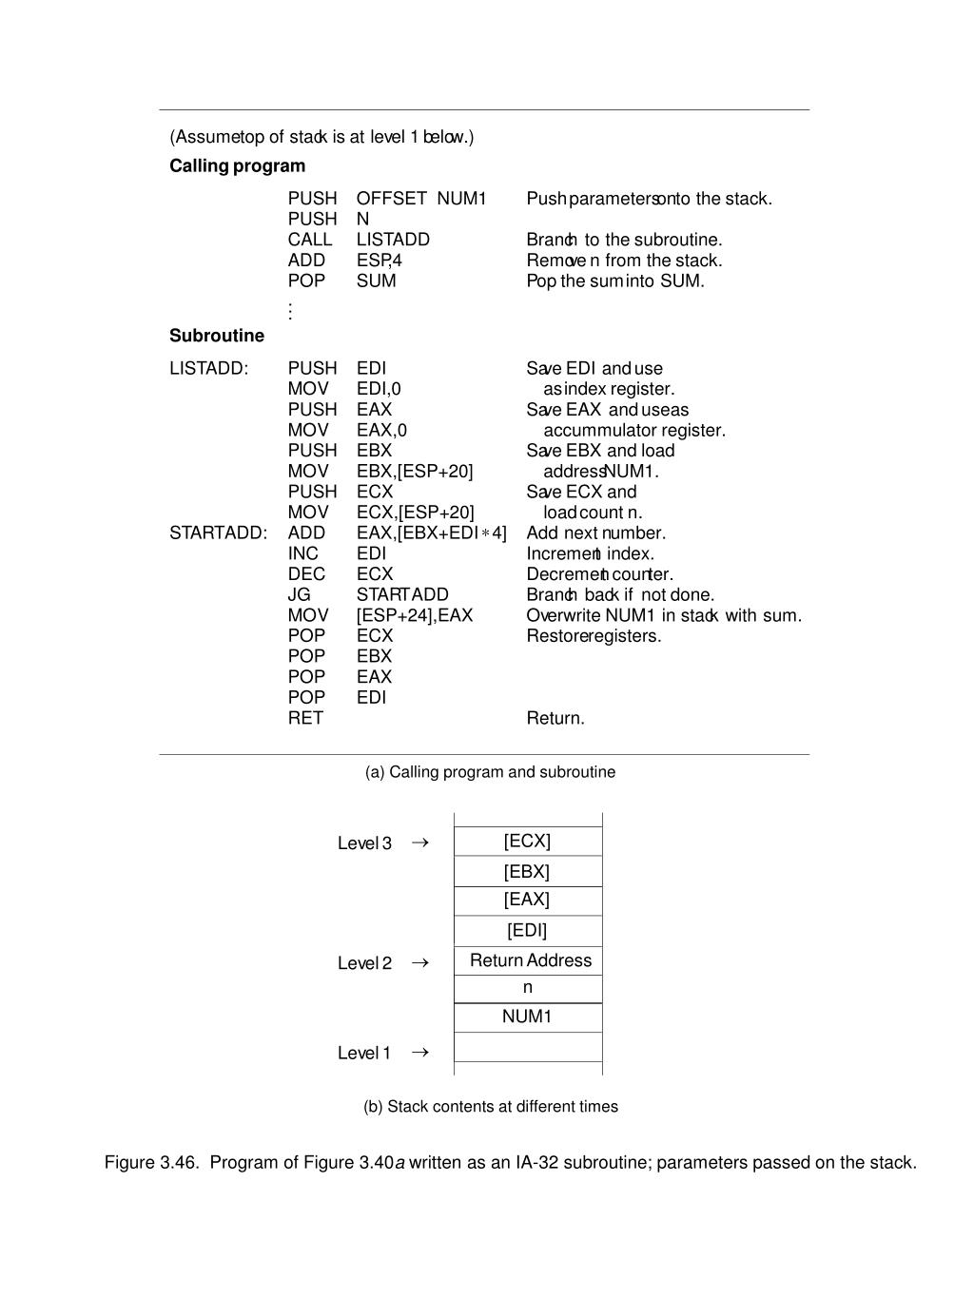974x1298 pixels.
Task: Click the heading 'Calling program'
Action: pos(237,166)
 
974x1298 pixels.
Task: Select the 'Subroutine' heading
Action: pos(217,336)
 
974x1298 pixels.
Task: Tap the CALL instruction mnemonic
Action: pos(310,240)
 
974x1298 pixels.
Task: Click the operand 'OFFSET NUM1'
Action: pos(421,199)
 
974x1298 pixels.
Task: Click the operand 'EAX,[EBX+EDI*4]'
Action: pos(432,533)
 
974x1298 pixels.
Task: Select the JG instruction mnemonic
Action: pos(299,595)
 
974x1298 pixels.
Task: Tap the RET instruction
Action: pos(305,719)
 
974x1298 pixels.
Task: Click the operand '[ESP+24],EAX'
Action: pos(415,616)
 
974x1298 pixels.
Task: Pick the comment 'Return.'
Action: pos(555,719)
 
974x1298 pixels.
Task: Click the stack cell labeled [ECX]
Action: pos(527,842)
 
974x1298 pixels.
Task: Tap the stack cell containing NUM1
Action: pos(527,1017)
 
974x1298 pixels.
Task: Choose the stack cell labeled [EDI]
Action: pos(527,931)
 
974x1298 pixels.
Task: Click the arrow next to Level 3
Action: pos(420,843)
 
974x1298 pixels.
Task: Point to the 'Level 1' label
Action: pos(364,1054)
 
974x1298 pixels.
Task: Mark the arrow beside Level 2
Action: pos(420,963)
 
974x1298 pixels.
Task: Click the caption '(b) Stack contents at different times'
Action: pos(490,1107)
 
